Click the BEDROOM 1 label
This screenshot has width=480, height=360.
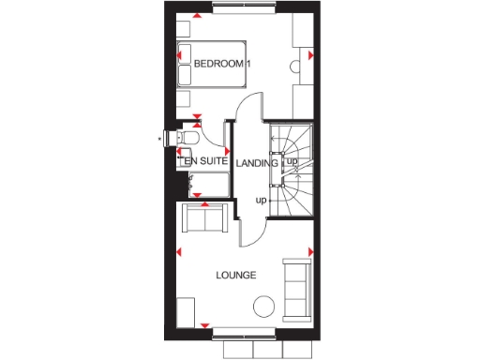tap(222, 64)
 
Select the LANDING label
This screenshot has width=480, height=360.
tap(257, 163)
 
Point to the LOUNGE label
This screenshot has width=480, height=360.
tap(235, 275)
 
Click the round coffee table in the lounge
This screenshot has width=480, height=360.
tap(264, 306)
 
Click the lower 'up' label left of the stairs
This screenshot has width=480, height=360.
tap(262, 200)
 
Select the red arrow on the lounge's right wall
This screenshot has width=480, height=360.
tap(310, 250)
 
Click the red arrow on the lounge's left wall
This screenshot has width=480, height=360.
tap(178, 251)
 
